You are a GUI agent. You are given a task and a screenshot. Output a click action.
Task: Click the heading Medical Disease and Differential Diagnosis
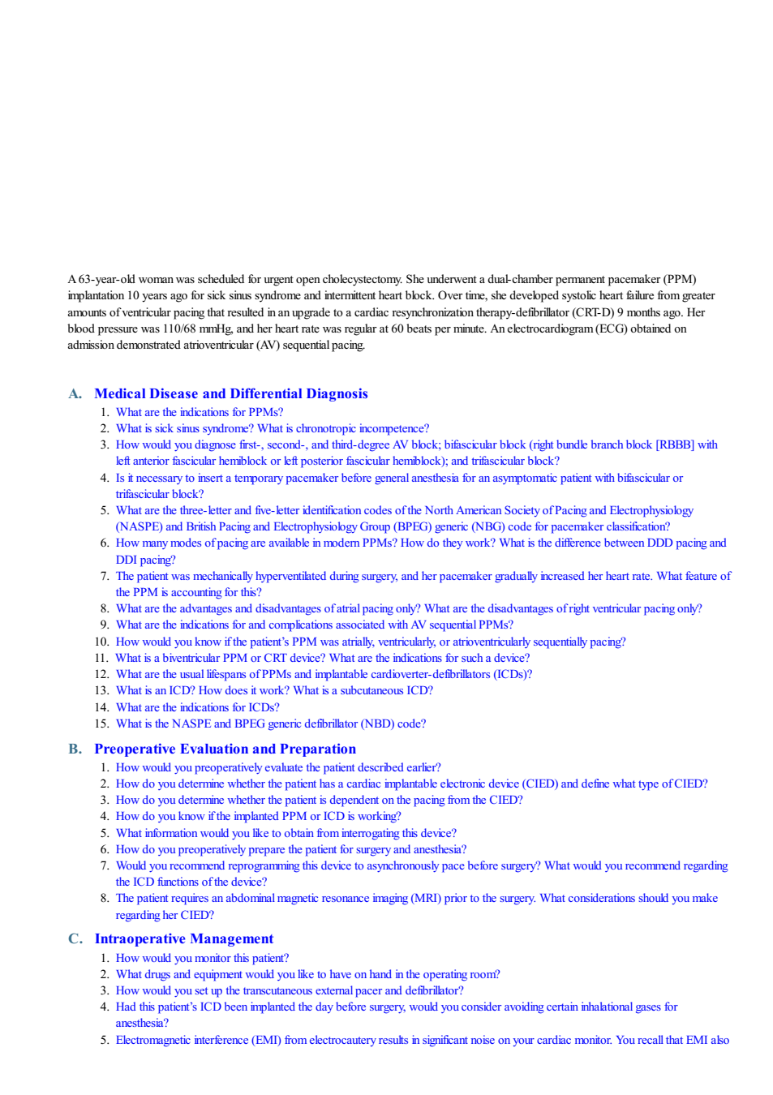231,393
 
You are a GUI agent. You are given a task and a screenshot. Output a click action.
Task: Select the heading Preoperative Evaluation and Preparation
225,749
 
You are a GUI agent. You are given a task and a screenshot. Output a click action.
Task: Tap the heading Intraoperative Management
184,938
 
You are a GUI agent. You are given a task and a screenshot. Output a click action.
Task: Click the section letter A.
75,393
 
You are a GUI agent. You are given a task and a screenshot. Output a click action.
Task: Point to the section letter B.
75,749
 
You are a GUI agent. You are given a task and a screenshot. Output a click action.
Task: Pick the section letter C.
75,938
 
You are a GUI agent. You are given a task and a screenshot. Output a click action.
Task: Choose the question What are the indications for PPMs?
200,412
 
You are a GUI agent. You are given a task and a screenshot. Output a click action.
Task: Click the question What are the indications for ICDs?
198,707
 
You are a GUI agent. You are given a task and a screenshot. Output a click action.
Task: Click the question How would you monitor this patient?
203,958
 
